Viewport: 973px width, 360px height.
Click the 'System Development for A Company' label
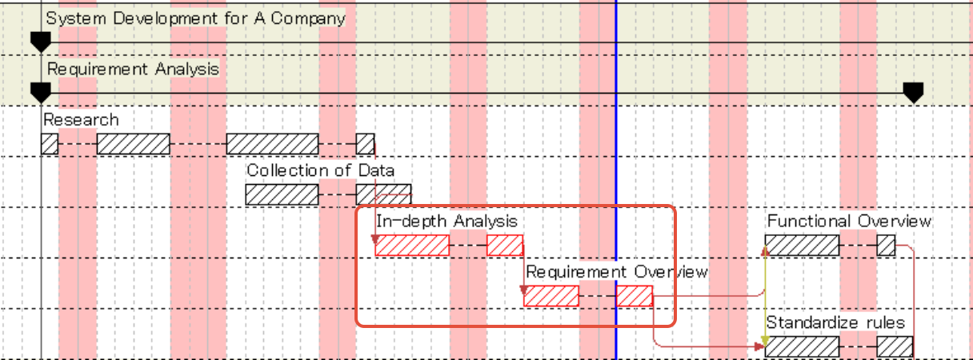(195, 18)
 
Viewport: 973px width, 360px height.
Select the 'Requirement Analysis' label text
(133, 70)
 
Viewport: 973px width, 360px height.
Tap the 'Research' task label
(81, 120)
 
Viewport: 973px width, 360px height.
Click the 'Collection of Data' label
(320, 170)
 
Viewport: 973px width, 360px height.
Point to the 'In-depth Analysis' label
(446, 221)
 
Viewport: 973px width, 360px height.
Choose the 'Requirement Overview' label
(616, 272)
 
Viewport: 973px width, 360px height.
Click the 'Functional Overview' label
(849, 221)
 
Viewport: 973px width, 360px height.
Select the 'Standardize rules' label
(835, 323)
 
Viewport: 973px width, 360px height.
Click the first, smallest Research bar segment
(50, 144)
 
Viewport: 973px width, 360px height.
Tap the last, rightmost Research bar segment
(365, 144)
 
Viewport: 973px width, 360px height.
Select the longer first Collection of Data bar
(282, 194)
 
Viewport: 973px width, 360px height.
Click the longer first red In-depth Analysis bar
(412, 246)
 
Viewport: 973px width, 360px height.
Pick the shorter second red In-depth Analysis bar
(505, 246)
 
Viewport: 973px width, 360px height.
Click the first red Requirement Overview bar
(551, 296)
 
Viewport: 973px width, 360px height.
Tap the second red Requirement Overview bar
(635, 296)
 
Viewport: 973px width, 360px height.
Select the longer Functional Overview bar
(803, 246)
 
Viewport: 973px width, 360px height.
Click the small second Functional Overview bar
(886, 246)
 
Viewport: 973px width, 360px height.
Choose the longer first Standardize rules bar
(803, 346)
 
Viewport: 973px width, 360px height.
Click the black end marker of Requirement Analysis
(913, 92)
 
